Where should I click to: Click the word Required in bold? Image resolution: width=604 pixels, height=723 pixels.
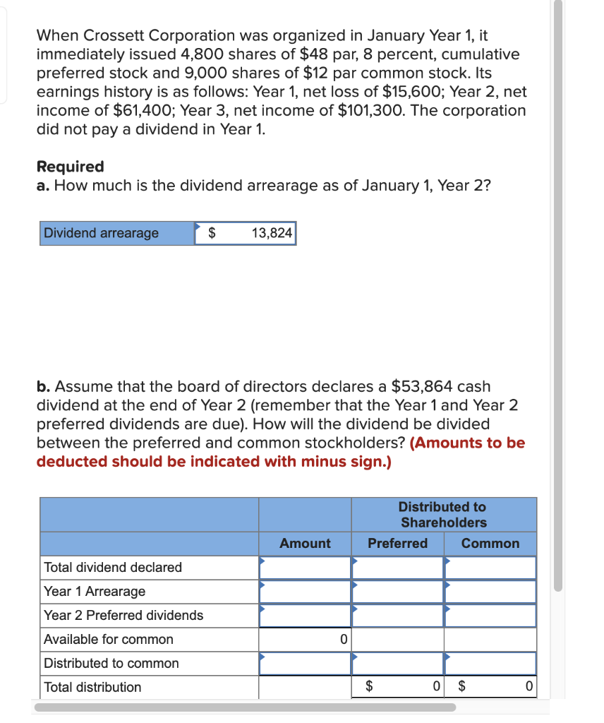pyautogui.click(x=70, y=167)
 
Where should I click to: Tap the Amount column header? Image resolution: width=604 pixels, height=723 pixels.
pyautogui.click(x=305, y=543)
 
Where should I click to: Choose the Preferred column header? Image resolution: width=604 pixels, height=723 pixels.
pyautogui.click(x=397, y=543)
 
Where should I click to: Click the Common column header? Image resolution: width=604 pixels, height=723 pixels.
pyautogui.click(x=490, y=543)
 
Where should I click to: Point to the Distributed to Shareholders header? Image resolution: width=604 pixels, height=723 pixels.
pyautogui.click(x=443, y=515)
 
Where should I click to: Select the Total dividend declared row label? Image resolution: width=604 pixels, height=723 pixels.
pyautogui.click(x=113, y=567)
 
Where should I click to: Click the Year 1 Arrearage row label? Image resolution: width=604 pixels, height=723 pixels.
pyautogui.click(x=95, y=591)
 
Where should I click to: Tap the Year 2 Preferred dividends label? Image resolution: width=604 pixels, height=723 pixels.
pyautogui.click(x=123, y=615)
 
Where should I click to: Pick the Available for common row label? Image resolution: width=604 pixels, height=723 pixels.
pyautogui.click(x=108, y=639)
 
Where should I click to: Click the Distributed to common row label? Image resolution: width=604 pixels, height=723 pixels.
pyautogui.click(x=111, y=663)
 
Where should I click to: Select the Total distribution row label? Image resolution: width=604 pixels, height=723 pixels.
pyautogui.click(x=92, y=687)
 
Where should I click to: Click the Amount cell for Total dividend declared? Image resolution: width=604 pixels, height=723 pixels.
pyautogui.click(x=305, y=567)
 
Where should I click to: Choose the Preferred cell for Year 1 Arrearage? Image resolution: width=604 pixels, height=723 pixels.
pyautogui.click(x=397, y=591)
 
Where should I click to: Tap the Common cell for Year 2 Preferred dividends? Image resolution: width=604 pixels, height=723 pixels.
pyautogui.click(x=490, y=615)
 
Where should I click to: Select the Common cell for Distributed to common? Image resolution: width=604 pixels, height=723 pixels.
pyautogui.click(x=490, y=663)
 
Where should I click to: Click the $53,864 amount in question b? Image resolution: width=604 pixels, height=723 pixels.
pyautogui.click(x=422, y=387)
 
